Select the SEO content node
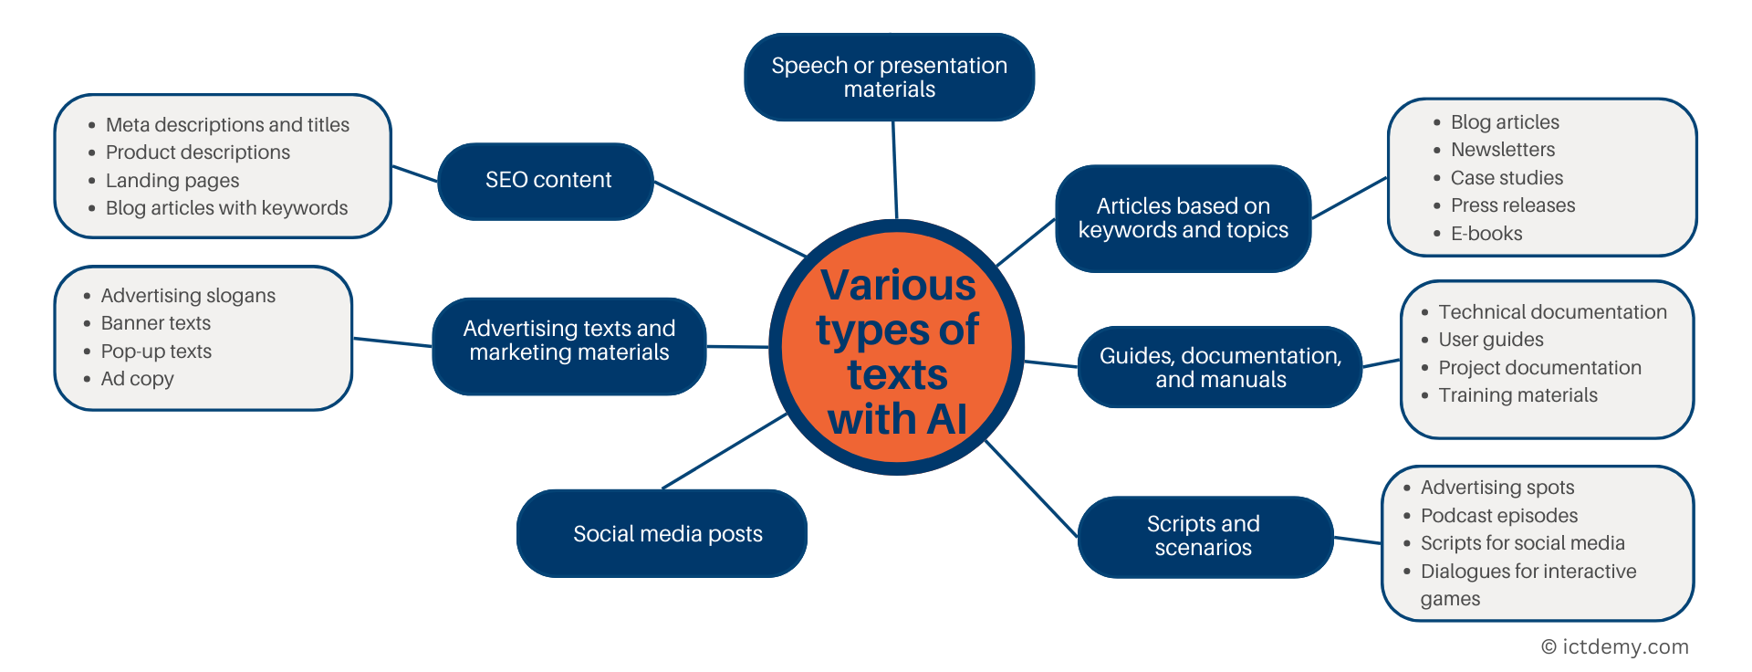point(547,181)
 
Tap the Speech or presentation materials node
point(889,78)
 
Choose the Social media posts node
point(666,534)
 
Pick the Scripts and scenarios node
point(1203,536)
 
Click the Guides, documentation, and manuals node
point(1220,367)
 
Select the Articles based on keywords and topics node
point(1183,218)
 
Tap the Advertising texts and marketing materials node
point(568,341)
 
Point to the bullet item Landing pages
point(172,181)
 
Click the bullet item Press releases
point(1512,205)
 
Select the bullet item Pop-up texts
point(156,352)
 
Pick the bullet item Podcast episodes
point(1498,516)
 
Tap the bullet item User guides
point(1490,340)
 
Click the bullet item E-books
point(1486,234)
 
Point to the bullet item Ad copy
point(137,379)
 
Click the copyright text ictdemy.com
point(1615,647)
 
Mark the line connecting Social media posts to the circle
point(725,450)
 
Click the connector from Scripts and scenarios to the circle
point(1031,488)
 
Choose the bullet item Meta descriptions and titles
point(227,125)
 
